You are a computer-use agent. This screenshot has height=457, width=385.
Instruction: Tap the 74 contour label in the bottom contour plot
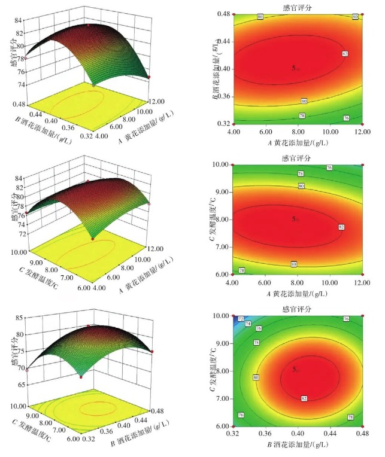click(248, 324)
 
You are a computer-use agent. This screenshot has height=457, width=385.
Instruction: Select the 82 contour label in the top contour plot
click(345, 54)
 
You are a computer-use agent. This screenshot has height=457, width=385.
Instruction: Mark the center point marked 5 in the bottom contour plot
click(295, 370)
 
